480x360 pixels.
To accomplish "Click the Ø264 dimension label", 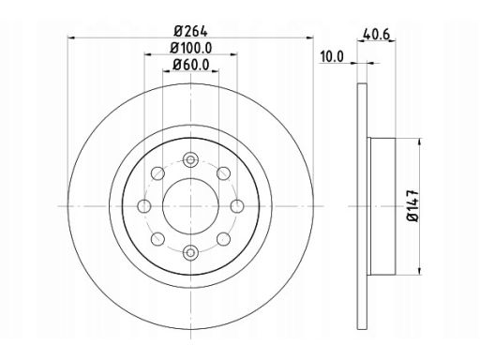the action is (190, 31).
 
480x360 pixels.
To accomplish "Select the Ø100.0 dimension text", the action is (191, 48).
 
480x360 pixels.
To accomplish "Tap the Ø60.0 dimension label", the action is (191, 65).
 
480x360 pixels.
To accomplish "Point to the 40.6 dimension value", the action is (376, 34).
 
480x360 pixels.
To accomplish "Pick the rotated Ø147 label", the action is (412, 205).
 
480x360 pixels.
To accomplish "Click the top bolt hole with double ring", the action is (190, 160).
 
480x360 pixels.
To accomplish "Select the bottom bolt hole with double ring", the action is (190, 252).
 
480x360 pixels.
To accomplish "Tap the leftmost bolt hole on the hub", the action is (144, 206).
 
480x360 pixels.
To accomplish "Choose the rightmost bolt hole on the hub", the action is (237, 206).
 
